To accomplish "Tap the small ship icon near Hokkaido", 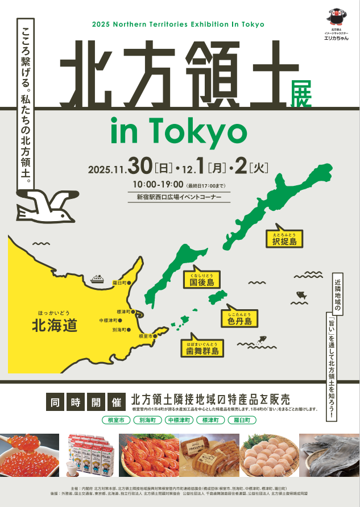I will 97,279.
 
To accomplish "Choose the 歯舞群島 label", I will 202,348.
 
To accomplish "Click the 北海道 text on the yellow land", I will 54,326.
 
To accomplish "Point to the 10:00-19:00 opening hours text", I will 158,184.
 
